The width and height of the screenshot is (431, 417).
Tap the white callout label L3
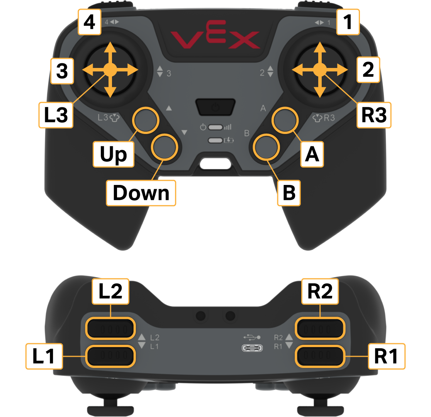[x=56, y=115]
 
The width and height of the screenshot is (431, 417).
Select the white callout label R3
[x=373, y=115]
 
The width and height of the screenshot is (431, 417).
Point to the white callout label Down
[x=141, y=193]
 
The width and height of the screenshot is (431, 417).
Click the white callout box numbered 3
[x=62, y=71]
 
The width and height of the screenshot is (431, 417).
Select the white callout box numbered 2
[x=368, y=70]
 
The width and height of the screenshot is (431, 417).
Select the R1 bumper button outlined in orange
[x=320, y=356]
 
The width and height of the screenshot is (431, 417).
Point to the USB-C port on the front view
[x=252, y=348]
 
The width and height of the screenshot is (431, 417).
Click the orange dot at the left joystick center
[x=110, y=70]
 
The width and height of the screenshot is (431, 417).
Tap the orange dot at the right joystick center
[x=319, y=70]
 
